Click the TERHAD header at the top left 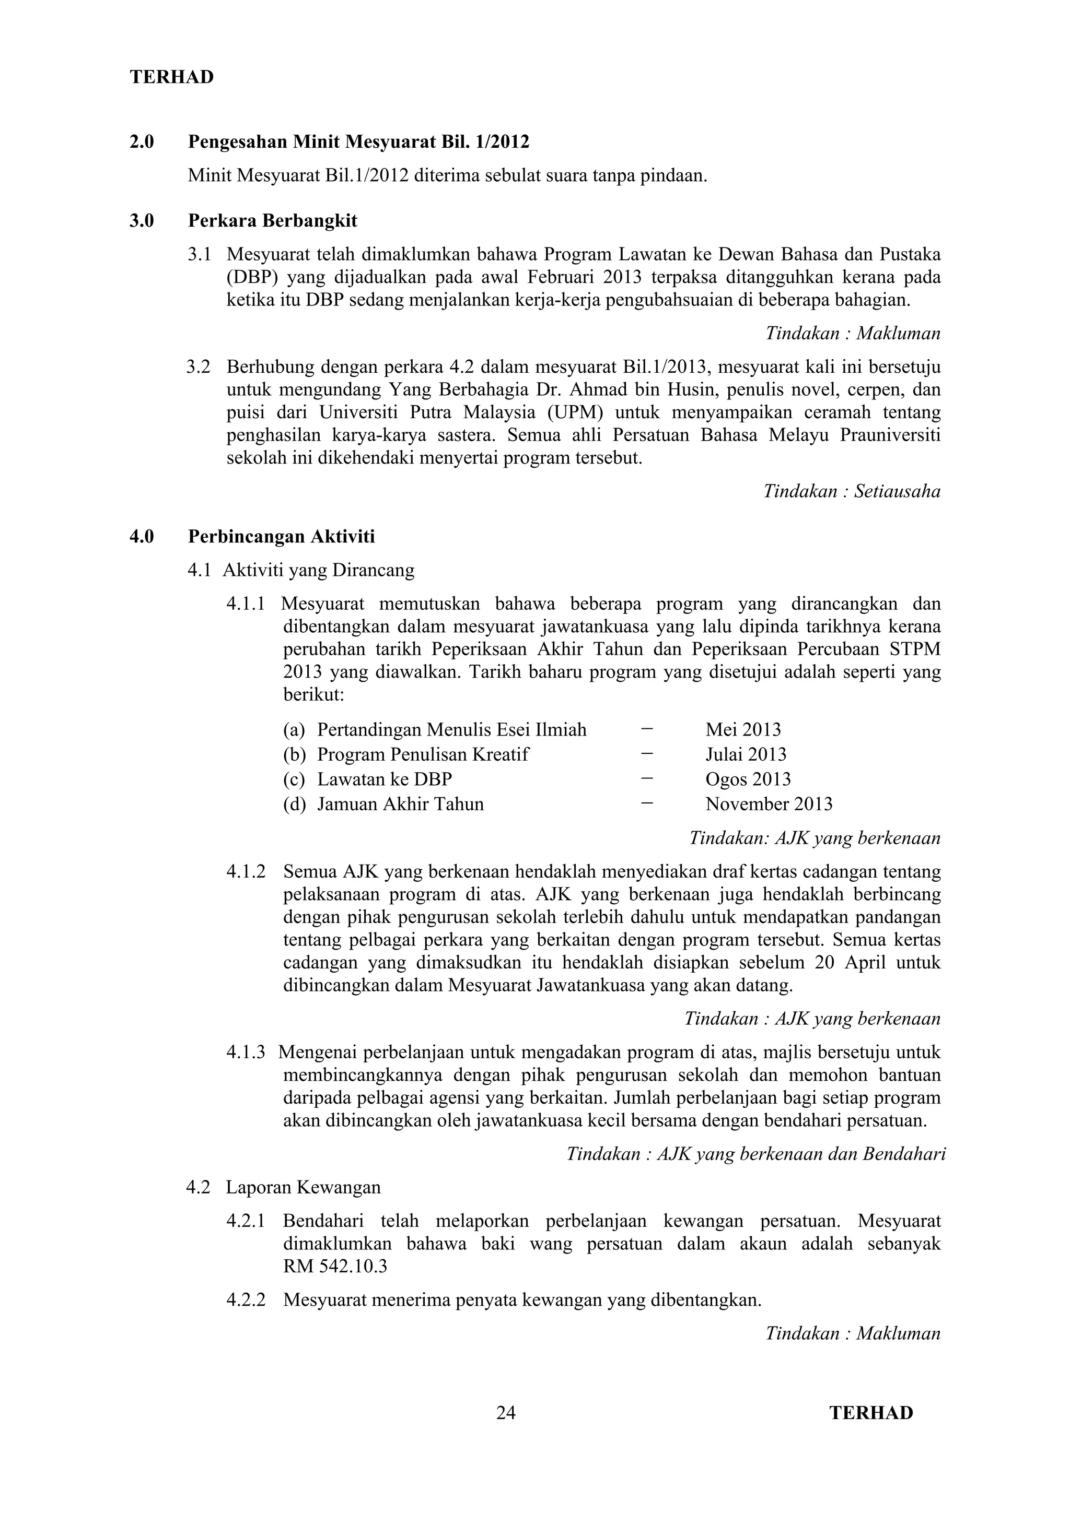171,77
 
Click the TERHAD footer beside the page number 871,1413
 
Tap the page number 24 506,1413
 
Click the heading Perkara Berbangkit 272,221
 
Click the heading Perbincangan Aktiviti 282,536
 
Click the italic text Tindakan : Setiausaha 852,491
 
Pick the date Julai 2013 746,754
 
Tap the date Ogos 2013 748,779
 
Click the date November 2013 769,804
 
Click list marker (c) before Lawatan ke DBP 294,779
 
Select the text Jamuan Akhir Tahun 400,804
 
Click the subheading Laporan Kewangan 303,1187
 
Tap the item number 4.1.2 246,872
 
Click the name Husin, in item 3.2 692,389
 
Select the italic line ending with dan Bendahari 756,1154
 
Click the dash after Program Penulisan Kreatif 647,753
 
